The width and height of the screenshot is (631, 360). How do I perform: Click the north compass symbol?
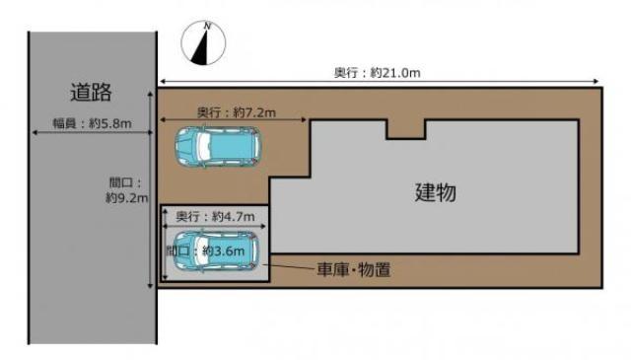click(x=204, y=45)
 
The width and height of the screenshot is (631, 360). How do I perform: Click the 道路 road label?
click(x=91, y=94)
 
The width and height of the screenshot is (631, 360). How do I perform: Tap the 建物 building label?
click(x=435, y=192)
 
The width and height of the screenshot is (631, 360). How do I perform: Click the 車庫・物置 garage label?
click(x=353, y=268)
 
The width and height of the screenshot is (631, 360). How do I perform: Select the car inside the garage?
click(x=215, y=252)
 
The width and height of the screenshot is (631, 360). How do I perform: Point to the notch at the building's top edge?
click(x=405, y=129)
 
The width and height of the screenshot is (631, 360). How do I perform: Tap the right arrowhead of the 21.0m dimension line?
click(x=597, y=82)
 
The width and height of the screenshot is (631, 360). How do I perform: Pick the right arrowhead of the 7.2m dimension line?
click(x=303, y=121)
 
